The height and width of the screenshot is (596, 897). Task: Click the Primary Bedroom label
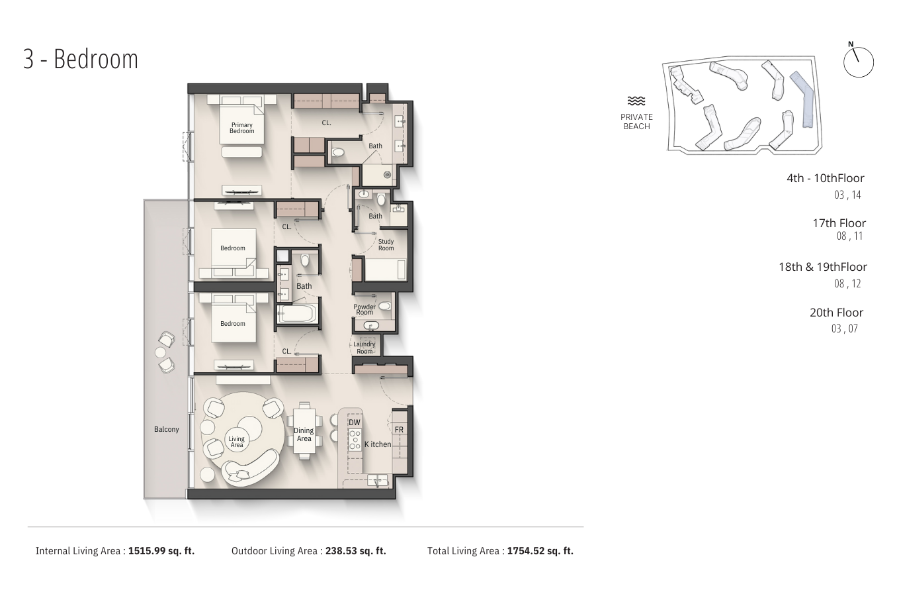tap(242, 128)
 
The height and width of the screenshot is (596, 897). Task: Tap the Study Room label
tap(386, 244)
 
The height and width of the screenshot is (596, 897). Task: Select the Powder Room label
tap(364, 309)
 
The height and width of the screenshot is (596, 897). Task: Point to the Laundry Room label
tap(364, 348)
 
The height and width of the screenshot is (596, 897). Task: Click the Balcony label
tap(167, 429)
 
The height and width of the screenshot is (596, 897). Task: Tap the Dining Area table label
tap(304, 434)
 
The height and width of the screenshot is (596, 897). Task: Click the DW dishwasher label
tap(355, 422)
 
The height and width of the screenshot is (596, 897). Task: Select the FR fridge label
tap(400, 430)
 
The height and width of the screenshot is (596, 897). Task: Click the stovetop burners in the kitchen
tap(355, 440)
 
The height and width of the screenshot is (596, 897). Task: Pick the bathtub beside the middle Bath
tap(297, 314)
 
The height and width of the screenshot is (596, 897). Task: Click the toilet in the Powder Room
tap(384, 306)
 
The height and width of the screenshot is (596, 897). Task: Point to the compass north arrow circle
tap(859, 62)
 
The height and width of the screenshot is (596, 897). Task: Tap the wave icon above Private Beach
tap(636, 101)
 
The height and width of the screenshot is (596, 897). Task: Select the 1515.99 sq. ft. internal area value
tap(161, 551)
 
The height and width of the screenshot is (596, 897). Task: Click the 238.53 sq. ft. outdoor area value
tap(356, 551)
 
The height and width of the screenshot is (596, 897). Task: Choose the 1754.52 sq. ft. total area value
tap(540, 551)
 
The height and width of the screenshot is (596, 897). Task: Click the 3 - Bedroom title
tap(81, 60)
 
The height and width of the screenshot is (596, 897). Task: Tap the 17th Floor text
tap(839, 223)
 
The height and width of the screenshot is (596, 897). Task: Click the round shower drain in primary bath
tap(387, 175)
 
